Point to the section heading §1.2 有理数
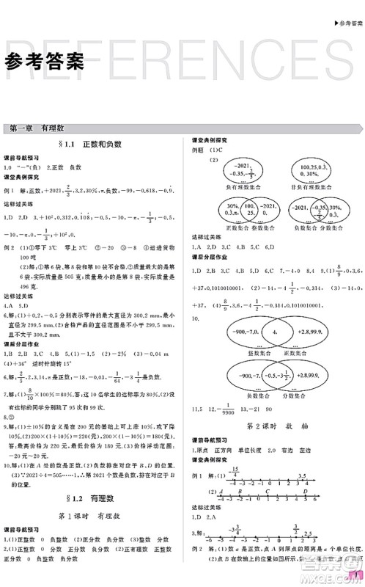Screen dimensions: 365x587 [x=90, y=495]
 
